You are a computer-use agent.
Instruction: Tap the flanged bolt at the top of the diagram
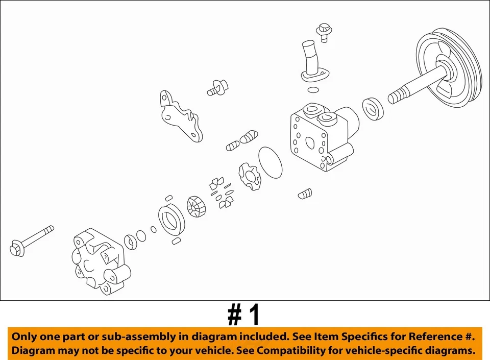point(323,31)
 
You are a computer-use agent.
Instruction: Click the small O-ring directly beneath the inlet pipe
point(313,90)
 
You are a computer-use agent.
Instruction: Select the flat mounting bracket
point(181,116)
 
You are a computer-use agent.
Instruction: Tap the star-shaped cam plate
point(249,177)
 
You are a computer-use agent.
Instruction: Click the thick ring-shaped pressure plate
point(170,219)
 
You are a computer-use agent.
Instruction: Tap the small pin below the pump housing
point(305,194)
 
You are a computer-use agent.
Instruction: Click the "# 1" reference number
point(244,316)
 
